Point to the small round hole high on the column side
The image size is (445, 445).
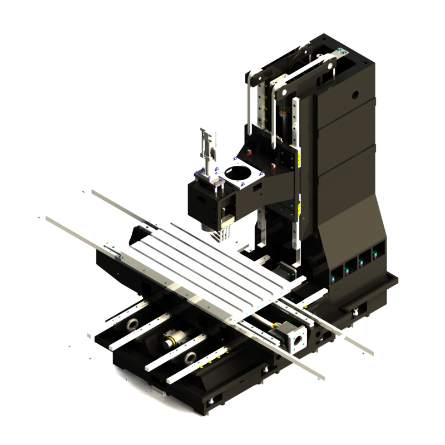click(x=353, y=95)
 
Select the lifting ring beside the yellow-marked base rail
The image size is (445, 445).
click(x=190, y=357)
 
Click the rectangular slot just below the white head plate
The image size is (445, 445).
click(x=258, y=189)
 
